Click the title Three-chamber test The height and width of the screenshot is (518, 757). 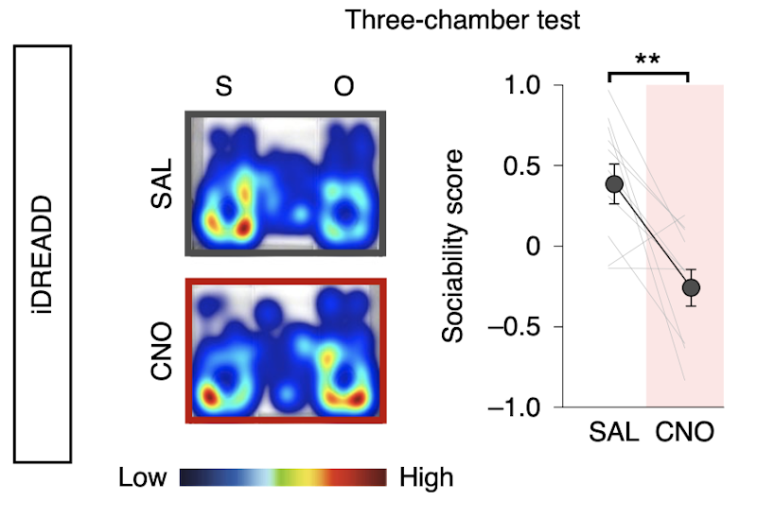tap(463, 20)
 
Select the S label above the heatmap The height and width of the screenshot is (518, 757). tap(223, 86)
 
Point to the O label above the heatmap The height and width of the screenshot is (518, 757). tap(344, 86)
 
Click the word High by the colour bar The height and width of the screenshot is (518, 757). tap(426, 477)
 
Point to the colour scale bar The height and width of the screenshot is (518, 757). tap(282, 476)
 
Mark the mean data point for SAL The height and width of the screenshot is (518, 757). tap(615, 184)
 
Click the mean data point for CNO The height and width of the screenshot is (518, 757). tap(692, 287)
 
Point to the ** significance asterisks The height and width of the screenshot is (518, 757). tap(647, 60)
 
